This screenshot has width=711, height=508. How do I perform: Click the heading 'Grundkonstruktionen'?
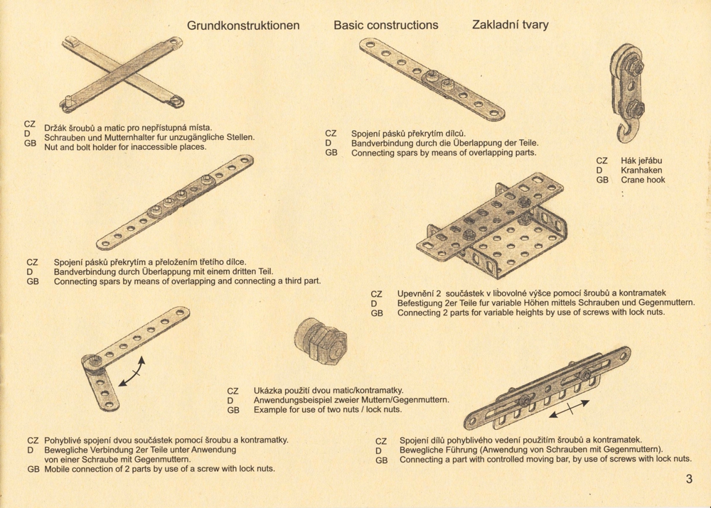pos(243,26)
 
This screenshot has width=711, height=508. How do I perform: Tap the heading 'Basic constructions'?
pos(386,25)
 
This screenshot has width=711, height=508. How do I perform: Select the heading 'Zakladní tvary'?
pos(510,24)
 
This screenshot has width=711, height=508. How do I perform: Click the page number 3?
pos(689,479)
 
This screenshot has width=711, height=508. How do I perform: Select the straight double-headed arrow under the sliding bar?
pos(570,409)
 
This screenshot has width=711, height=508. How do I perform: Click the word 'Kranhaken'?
pos(641,171)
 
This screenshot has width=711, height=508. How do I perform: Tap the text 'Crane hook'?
pos(643,180)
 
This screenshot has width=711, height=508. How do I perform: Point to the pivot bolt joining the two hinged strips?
pos(95,361)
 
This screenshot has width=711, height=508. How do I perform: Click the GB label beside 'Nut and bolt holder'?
pos(31,144)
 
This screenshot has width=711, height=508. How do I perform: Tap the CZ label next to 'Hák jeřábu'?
pos(602,161)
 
